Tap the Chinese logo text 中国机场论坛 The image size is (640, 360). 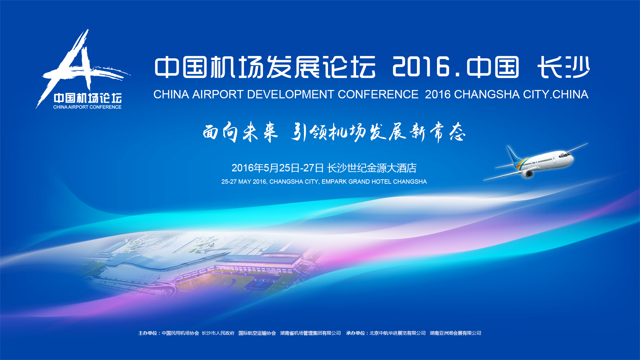[x=88, y=98]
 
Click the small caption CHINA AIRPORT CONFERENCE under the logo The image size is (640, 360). [x=87, y=107]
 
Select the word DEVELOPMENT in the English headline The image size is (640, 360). [x=290, y=94]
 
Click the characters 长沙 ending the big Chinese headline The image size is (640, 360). [x=563, y=67]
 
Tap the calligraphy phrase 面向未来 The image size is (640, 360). [x=240, y=132]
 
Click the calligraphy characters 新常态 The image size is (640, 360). [x=437, y=132]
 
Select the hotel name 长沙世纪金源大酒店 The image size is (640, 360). [x=372, y=168]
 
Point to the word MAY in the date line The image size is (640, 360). [x=245, y=182]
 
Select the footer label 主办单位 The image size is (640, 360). [x=148, y=333]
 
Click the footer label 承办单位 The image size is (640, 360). [x=355, y=333]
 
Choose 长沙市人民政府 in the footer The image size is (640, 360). [x=218, y=333]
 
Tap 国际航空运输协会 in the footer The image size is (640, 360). [x=257, y=333]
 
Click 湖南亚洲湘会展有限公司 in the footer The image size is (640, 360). [x=455, y=333]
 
